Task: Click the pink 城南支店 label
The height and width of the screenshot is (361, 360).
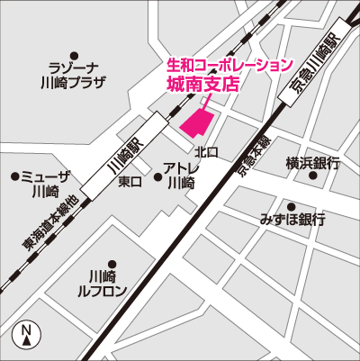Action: (208, 84)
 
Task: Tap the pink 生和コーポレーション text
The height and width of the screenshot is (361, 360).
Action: (230, 65)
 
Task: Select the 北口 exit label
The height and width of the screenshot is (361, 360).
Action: (206, 152)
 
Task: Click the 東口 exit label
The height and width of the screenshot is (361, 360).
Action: (130, 182)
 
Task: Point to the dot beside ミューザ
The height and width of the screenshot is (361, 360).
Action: (14, 176)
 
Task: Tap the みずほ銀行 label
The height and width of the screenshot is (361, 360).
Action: (292, 220)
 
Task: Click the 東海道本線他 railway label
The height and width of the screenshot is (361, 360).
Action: (49, 222)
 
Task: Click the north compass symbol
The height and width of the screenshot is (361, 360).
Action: (28, 335)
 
